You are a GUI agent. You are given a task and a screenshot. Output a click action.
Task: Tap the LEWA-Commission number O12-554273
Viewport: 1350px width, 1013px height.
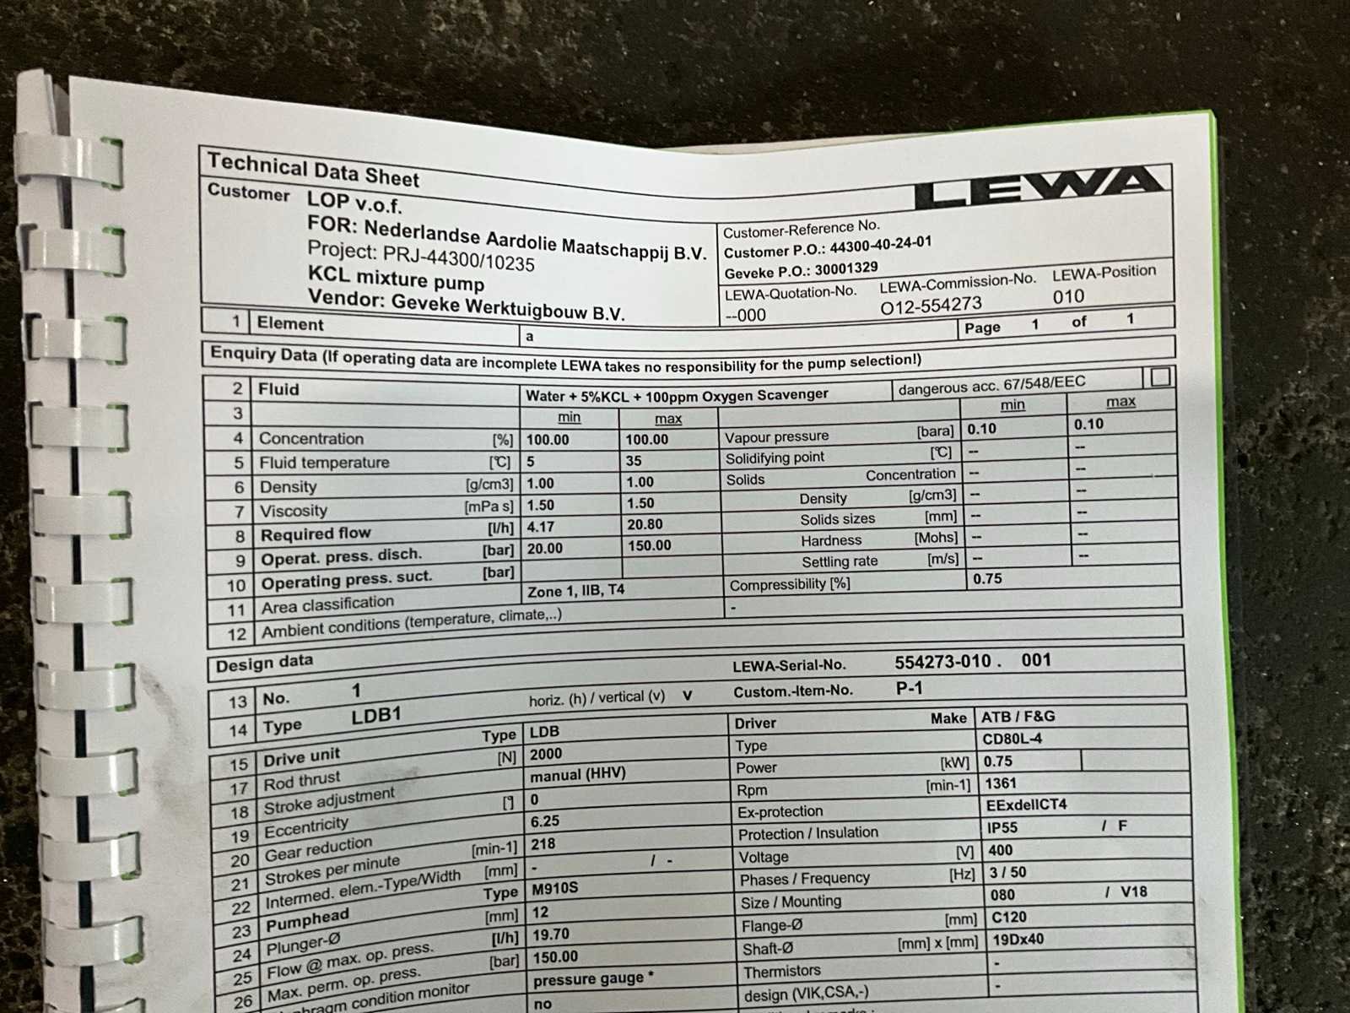[931, 306]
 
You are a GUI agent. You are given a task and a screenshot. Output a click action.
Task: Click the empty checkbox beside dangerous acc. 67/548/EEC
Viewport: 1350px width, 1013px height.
[1161, 376]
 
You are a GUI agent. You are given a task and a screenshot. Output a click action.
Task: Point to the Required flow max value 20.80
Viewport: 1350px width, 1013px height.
[644, 524]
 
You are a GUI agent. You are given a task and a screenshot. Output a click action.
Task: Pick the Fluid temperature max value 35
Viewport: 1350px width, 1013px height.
[634, 461]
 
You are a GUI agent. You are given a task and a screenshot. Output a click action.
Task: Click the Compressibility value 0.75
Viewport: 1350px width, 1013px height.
[987, 579]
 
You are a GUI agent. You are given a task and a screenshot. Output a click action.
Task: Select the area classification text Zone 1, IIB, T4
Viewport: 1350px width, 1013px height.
[575, 591]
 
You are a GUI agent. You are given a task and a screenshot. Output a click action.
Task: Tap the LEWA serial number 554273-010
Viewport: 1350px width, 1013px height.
[942, 662]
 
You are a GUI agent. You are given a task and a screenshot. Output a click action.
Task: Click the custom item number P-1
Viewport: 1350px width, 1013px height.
[909, 689]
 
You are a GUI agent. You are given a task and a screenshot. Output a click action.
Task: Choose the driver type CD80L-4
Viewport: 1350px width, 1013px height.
[1012, 739]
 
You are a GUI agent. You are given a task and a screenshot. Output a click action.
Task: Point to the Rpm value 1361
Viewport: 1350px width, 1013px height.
[1001, 783]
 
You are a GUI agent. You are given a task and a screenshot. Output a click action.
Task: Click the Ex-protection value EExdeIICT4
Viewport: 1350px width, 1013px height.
[1026, 804]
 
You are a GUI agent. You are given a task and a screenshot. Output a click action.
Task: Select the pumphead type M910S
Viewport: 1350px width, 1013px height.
[554, 888]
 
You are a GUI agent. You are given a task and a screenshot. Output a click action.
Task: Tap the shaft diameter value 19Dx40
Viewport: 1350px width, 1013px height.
[1018, 939]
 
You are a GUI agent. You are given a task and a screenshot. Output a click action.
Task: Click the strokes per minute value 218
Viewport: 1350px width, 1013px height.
[543, 843]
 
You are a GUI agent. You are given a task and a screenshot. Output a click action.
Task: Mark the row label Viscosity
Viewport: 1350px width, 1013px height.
[293, 511]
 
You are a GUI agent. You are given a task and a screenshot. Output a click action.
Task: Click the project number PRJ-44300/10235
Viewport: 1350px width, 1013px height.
[458, 258]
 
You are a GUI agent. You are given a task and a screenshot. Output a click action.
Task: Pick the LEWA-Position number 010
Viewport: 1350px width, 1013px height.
[1067, 296]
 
